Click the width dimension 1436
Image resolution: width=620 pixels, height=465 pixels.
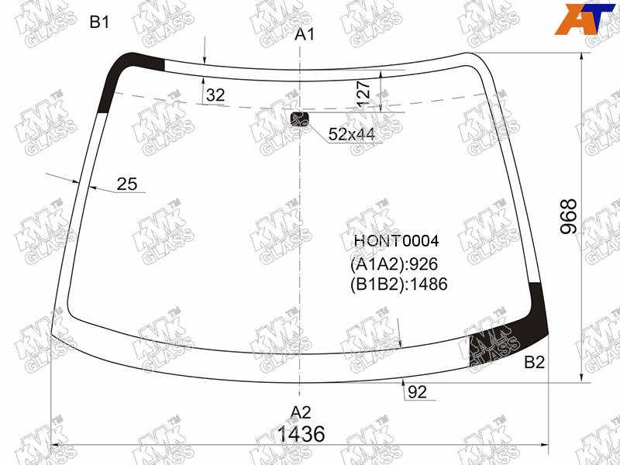point(301,434)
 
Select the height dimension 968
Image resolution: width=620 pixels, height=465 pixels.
point(569,217)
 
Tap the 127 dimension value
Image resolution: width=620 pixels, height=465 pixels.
point(363,95)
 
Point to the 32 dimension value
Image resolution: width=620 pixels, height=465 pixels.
point(215,95)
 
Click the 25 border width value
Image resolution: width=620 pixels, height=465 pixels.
point(127,184)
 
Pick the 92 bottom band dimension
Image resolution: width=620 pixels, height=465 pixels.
point(418,392)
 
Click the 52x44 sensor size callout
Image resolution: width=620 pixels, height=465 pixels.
point(352,134)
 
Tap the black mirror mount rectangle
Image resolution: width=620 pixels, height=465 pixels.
point(299,119)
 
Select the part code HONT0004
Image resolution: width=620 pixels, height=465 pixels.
point(396,241)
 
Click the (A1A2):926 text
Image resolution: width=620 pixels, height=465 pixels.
point(394,264)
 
